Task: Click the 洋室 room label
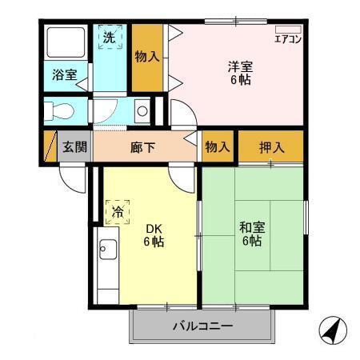(x=240, y=66)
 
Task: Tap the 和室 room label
(x=252, y=227)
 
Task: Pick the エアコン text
(x=287, y=38)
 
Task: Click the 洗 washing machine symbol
(x=109, y=37)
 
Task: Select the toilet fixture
(x=61, y=110)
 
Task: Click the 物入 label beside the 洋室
(x=146, y=57)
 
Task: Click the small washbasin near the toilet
(x=142, y=110)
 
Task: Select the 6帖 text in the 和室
(x=252, y=241)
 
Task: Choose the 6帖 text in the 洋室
(x=240, y=80)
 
